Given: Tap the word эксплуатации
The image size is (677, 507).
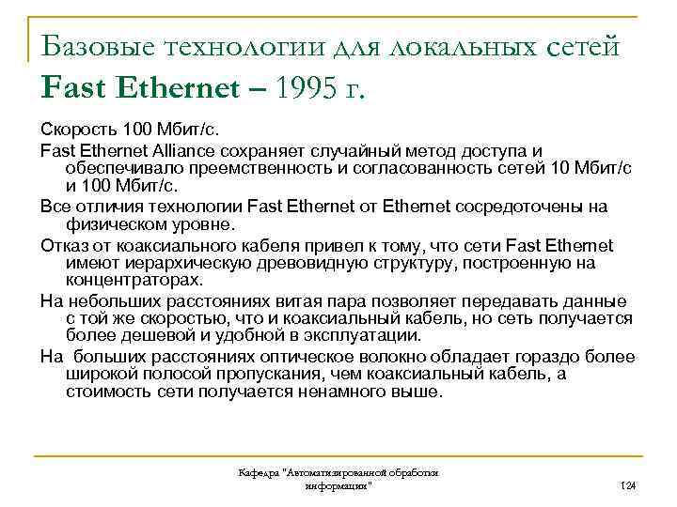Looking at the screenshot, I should pos(363,335).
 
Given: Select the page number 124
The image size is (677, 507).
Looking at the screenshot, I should pos(629,484).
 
